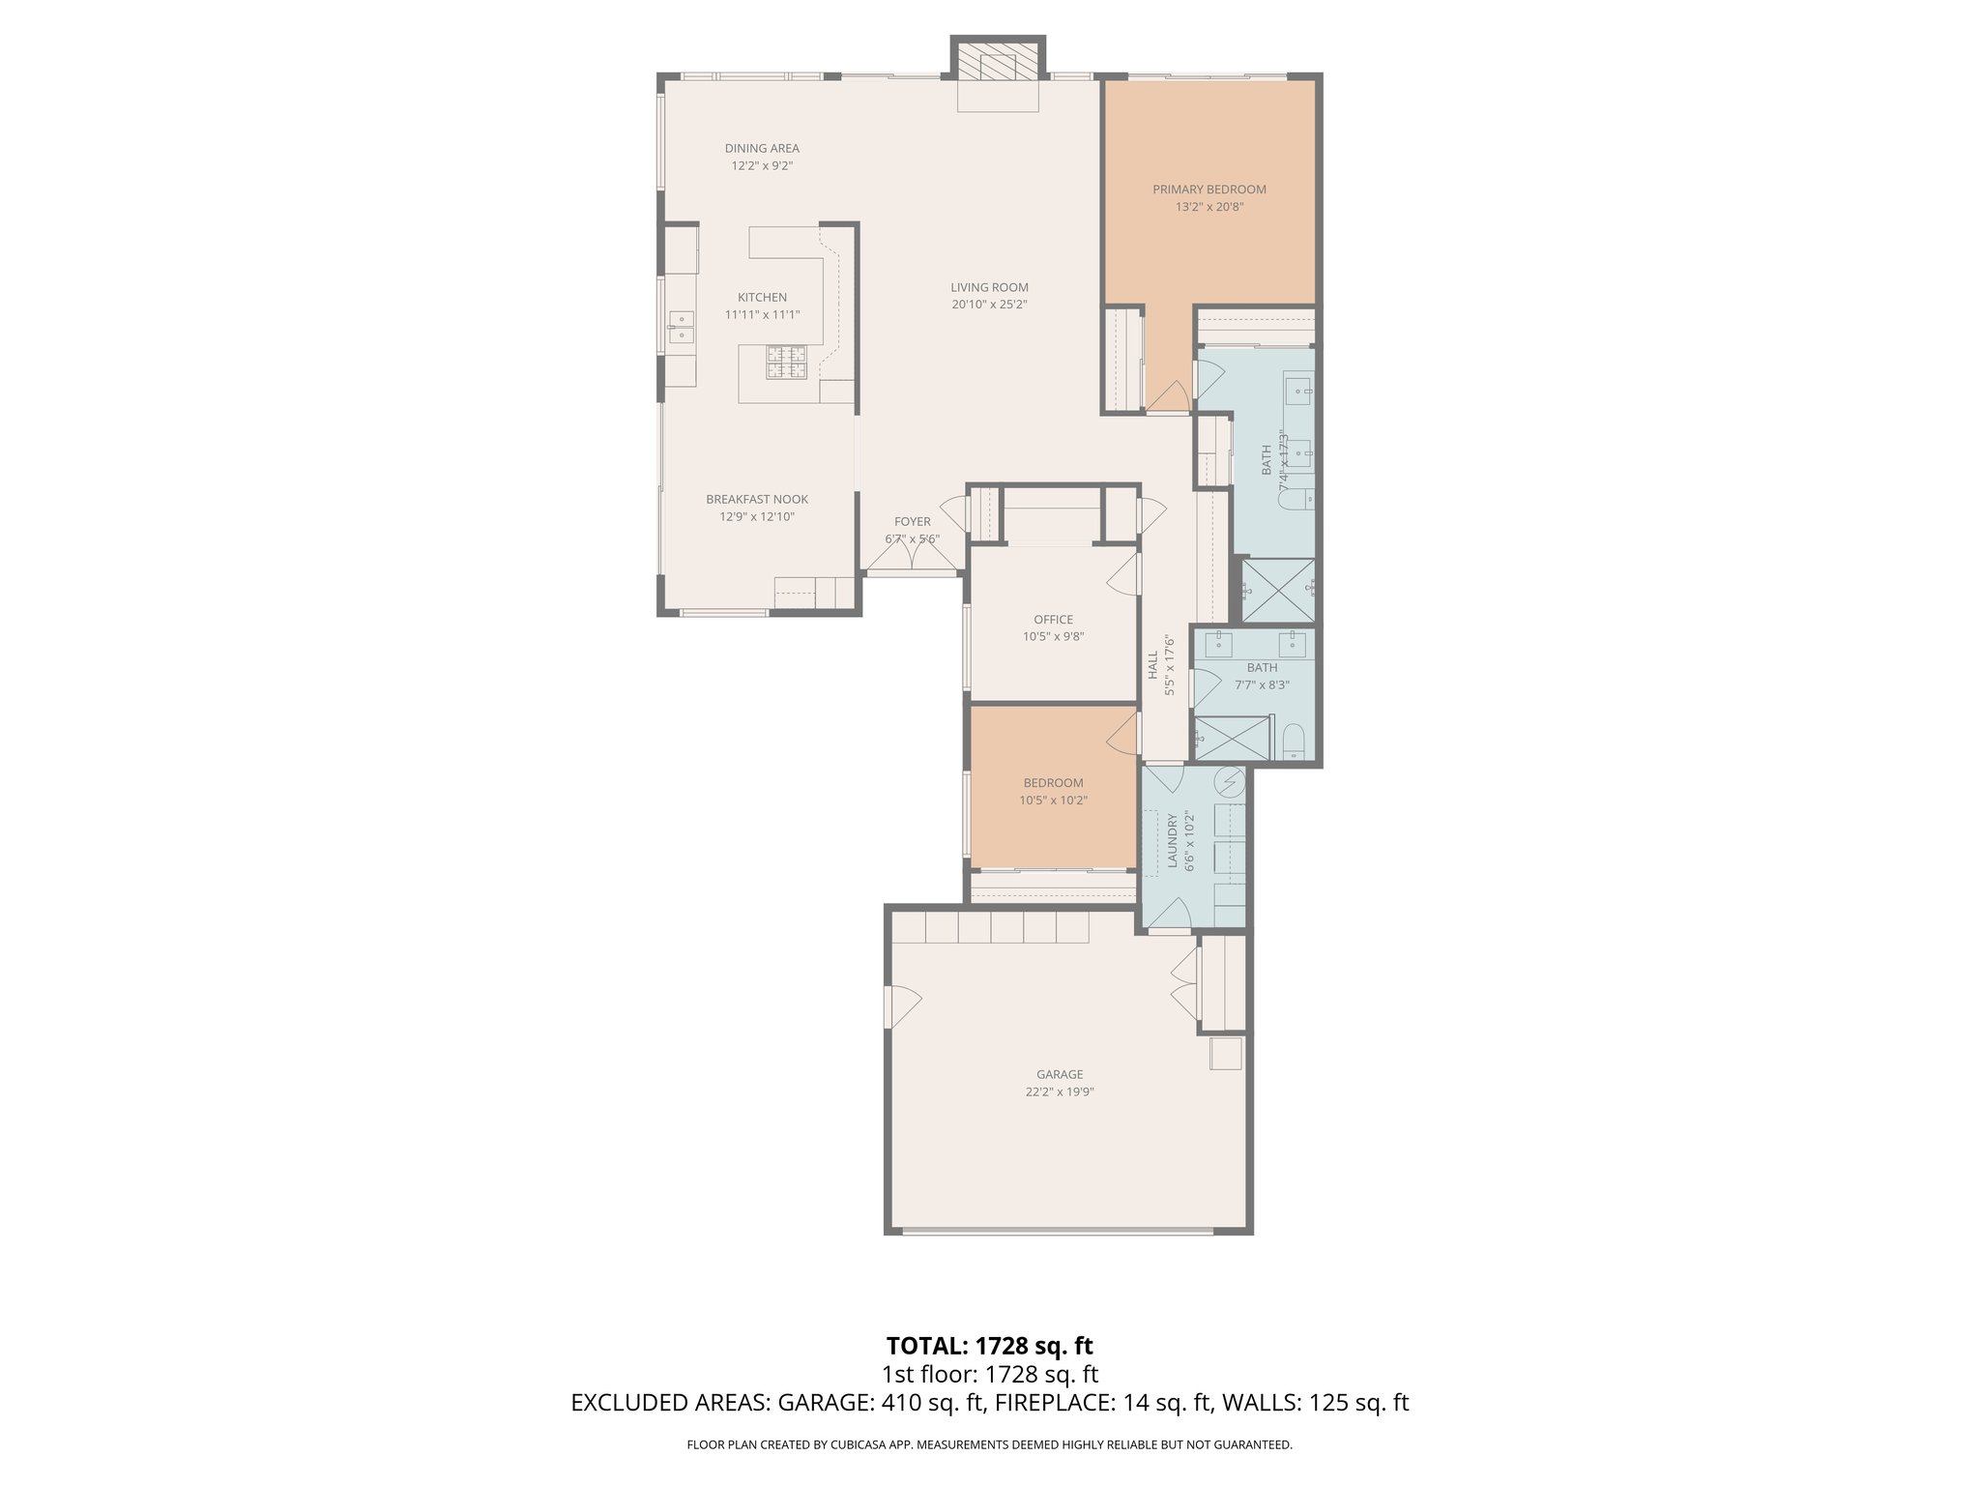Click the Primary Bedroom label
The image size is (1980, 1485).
[1208, 189]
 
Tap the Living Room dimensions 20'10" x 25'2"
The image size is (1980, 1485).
[989, 305]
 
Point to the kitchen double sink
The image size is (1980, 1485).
[682, 326]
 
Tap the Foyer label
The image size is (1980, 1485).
[912, 522]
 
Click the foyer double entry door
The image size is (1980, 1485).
[912, 557]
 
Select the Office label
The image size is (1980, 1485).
[1053, 620]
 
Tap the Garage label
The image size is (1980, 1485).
[1060, 1074]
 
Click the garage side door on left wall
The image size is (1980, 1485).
[901, 1006]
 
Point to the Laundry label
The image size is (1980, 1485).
[1173, 841]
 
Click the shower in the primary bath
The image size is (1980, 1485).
[1276, 590]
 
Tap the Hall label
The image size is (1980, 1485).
[1152, 664]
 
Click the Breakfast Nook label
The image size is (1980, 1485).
[756, 500]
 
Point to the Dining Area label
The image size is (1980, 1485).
[762, 149]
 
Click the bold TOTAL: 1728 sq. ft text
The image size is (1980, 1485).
[989, 1345]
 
